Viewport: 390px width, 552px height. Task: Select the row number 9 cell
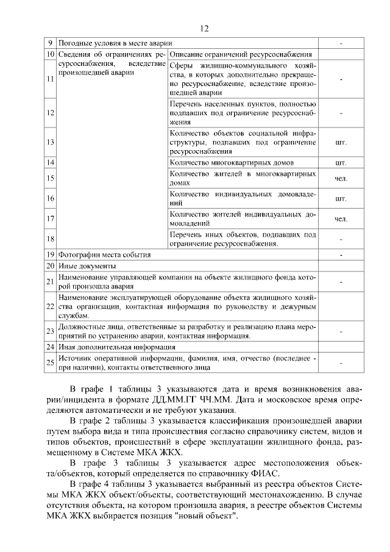51,44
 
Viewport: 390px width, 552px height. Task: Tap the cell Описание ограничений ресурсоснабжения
241,55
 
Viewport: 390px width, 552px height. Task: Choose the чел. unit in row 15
341,178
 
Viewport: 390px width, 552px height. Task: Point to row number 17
51,218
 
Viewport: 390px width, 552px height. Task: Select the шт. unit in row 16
341,198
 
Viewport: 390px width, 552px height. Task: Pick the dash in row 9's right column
341,44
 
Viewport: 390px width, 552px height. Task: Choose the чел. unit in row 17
341,218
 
